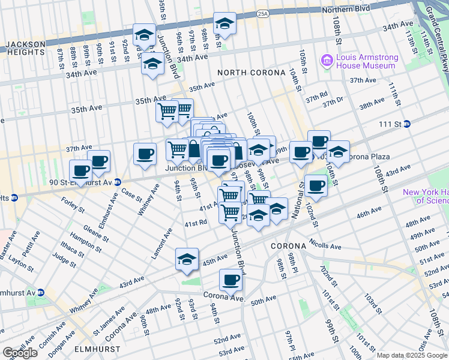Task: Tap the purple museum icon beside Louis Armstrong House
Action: (x=327, y=59)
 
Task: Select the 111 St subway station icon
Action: (x=406, y=124)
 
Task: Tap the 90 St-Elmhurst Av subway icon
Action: (x=118, y=182)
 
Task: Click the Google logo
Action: (x=20, y=353)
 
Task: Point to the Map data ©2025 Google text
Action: (x=412, y=355)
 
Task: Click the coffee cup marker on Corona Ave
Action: (x=230, y=279)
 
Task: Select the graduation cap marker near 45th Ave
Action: (x=187, y=259)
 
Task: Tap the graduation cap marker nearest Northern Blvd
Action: (x=225, y=23)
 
